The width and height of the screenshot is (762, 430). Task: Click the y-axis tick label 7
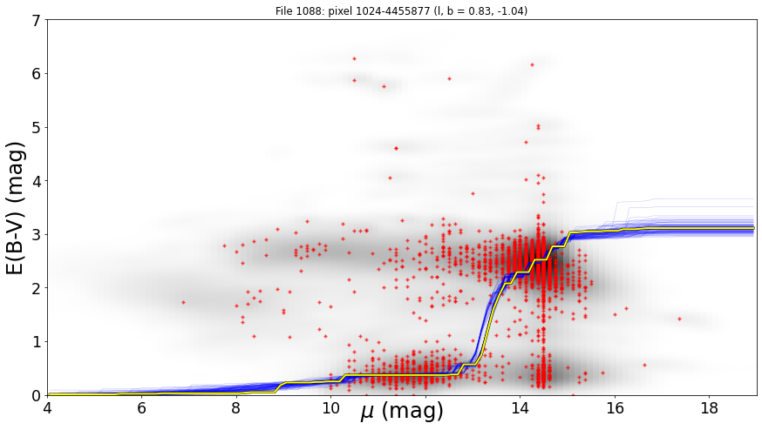[x=37, y=20]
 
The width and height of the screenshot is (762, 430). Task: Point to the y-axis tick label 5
[x=37, y=128]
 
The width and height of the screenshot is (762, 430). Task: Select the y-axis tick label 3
[x=37, y=235]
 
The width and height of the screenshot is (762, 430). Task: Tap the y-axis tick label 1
[x=37, y=342]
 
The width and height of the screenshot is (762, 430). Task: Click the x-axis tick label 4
[x=47, y=407]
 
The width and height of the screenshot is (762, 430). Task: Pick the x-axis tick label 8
[x=236, y=407]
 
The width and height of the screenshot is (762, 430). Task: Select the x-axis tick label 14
[x=520, y=407]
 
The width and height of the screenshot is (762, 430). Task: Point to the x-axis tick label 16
[x=615, y=407]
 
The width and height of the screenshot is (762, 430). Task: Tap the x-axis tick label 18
[x=710, y=407]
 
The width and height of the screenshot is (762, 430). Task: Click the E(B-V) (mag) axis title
[x=15, y=208]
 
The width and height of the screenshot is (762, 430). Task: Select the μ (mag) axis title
[x=402, y=412]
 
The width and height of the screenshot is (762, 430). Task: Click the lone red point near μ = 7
[x=183, y=302]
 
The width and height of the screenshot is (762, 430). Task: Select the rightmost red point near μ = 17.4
[x=679, y=319]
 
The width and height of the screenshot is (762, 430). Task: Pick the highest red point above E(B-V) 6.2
[x=354, y=58]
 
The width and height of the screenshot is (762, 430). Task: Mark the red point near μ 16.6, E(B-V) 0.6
[x=644, y=365]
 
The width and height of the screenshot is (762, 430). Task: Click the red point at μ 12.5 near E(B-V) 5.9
[x=450, y=78]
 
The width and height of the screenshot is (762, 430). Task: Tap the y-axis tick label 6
[x=37, y=74]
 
